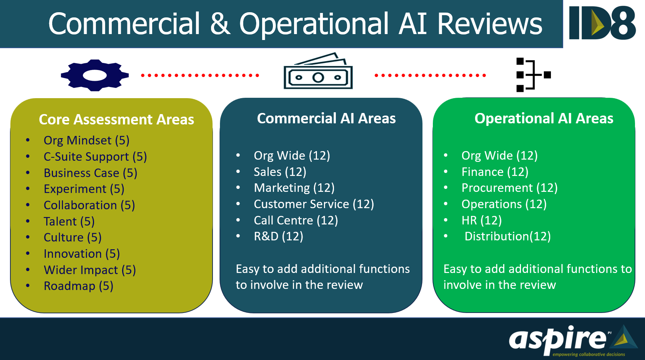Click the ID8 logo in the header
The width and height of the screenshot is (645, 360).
click(x=602, y=23)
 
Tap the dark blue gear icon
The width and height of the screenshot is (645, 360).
click(x=95, y=75)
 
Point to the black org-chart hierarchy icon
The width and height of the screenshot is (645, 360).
click(x=533, y=75)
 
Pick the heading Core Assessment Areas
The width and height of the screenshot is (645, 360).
click(x=116, y=120)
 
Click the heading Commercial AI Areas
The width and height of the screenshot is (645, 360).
click(x=326, y=119)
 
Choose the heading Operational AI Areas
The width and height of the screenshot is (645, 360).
click(x=544, y=119)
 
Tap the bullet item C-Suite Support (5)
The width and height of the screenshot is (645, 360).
click(x=95, y=157)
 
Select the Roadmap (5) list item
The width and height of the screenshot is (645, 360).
click(x=78, y=286)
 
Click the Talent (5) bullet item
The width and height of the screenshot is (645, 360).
click(x=69, y=221)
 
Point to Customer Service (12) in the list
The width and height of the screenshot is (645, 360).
click(x=314, y=204)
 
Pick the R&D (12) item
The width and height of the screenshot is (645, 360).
click(x=278, y=236)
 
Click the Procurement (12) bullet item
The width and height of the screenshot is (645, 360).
click(x=509, y=188)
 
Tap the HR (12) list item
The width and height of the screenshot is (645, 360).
click(x=481, y=220)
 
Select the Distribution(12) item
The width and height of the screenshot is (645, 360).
click(x=507, y=236)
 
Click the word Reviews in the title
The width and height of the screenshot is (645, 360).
click(x=489, y=24)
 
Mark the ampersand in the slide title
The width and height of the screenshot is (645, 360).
click(x=220, y=24)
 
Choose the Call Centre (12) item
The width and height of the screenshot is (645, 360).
click(x=296, y=220)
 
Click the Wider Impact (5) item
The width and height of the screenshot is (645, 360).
click(x=90, y=270)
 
